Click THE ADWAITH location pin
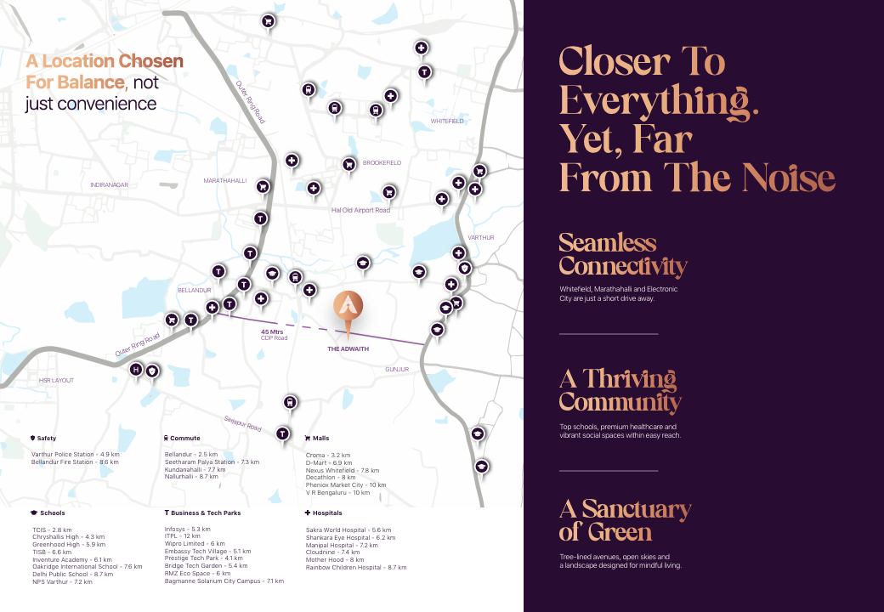pos(348,311)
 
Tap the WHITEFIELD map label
pos(447,122)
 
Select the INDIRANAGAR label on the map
pos(109,184)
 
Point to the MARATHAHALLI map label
pos(224,181)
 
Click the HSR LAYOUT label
pos(57,381)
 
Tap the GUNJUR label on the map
pos(397,370)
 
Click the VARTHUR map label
pos(480,238)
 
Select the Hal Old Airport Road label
pos(360,210)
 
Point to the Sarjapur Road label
pos(242,422)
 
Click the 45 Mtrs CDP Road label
pos(274,335)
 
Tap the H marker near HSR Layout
pos(136,370)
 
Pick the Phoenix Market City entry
pos(346,484)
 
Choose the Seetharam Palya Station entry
pos(212,462)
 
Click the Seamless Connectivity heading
pos(622,254)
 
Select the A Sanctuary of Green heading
pos(625,520)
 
